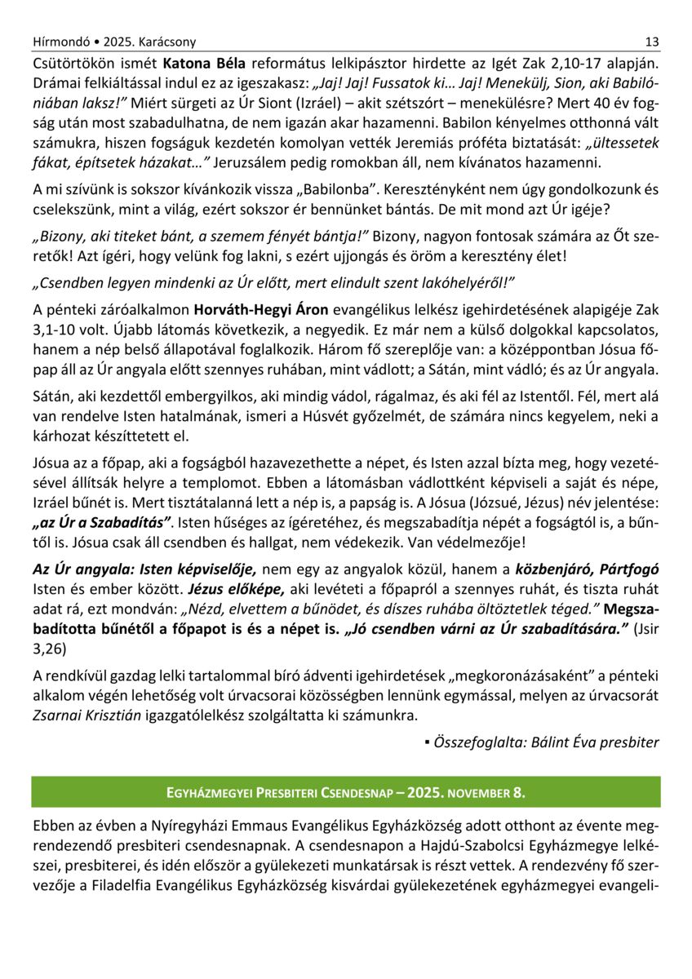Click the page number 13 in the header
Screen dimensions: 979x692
click(651, 42)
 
